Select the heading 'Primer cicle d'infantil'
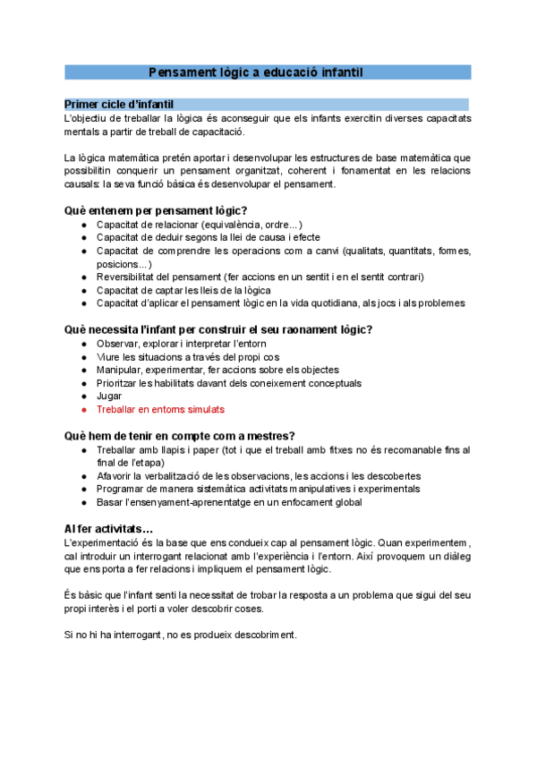click(119, 105)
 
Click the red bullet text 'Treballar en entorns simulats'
click(160, 409)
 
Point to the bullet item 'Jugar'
click(109, 396)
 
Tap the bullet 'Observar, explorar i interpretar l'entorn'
click(182, 344)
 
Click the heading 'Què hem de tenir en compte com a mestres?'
click(180, 436)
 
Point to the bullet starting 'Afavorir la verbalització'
click(259, 476)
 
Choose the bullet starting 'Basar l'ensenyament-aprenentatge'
click(229, 502)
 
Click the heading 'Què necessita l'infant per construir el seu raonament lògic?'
click(218, 329)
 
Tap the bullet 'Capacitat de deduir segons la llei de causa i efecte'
click(208, 237)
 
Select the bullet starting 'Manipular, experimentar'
click(217, 370)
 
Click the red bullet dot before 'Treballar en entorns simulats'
click(83, 409)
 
